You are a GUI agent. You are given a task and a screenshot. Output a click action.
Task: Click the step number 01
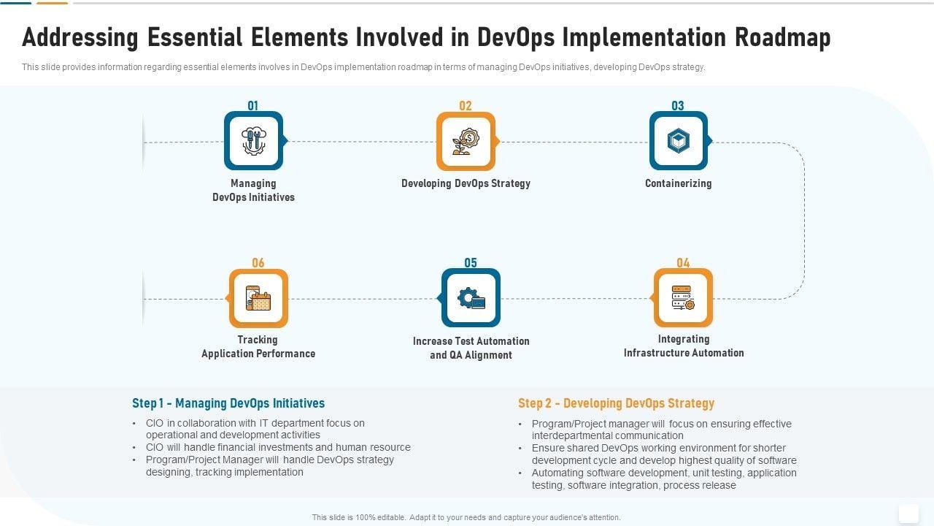click(252, 106)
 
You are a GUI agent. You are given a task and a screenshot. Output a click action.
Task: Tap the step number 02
click(466, 106)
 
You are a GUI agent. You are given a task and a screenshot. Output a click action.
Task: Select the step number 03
click(678, 106)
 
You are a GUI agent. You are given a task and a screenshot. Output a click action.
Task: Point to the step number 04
click(683, 262)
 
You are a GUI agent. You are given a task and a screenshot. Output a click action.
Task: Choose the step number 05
click(471, 262)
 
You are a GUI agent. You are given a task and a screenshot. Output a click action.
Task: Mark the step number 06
click(258, 262)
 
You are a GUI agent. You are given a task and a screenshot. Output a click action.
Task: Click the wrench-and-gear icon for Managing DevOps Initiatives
click(254, 141)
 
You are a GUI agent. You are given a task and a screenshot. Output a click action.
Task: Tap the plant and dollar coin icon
click(466, 142)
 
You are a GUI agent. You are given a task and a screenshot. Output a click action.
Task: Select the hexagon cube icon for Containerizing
click(679, 141)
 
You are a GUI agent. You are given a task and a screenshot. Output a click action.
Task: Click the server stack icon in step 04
click(683, 297)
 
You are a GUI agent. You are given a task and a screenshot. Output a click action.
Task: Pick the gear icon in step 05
click(471, 298)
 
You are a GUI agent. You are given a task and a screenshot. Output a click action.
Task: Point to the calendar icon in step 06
click(258, 298)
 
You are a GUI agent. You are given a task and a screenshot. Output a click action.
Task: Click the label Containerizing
click(679, 183)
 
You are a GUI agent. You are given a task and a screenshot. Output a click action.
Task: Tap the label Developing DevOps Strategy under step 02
click(466, 183)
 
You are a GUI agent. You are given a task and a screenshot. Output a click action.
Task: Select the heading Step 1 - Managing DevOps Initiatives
click(228, 403)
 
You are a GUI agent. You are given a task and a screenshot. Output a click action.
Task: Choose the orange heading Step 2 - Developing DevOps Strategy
click(617, 403)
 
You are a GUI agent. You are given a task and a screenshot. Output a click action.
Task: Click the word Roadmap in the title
click(783, 37)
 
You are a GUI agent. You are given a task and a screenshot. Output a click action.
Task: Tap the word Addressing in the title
click(80, 37)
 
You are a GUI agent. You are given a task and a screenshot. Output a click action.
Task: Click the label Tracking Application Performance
click(258, 346)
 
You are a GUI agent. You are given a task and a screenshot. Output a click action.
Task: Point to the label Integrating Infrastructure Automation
click(684, 346)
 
